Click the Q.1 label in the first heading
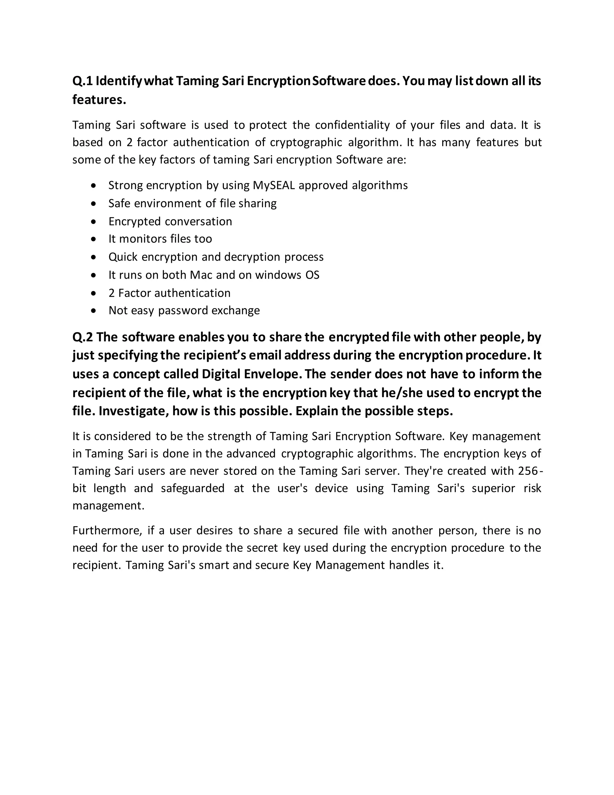[x=82, y=81]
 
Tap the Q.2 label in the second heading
[x=82, y=337]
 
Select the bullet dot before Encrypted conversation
[x=94, y=221]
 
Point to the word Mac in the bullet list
[x=201, y=275]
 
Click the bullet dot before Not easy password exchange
[x=94, y=311]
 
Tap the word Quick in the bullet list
[x=123, y=257]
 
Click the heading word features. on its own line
[x=99, y=99]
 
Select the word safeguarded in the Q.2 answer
[x=192, y=488]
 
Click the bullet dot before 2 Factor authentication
[x=94, y=293]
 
